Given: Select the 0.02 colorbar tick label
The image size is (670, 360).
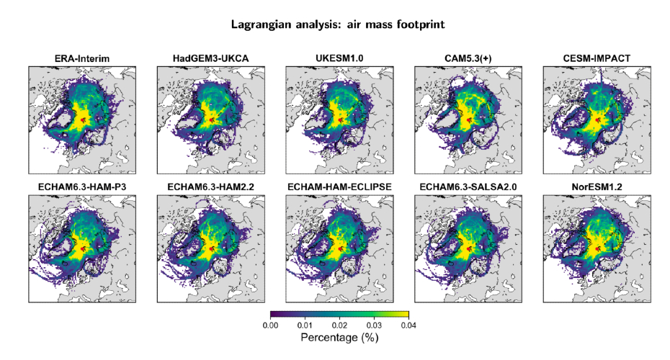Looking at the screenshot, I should [339, 326].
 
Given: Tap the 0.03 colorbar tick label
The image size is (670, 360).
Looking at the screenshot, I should [374, 326].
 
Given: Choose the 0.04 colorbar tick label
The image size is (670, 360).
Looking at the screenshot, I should [408, 326].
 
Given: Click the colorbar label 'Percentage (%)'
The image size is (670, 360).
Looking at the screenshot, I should [339, 338].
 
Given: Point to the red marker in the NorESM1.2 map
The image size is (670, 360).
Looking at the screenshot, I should [599, 249].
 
